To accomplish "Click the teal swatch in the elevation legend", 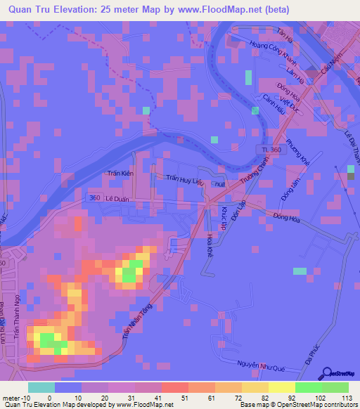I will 41,387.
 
